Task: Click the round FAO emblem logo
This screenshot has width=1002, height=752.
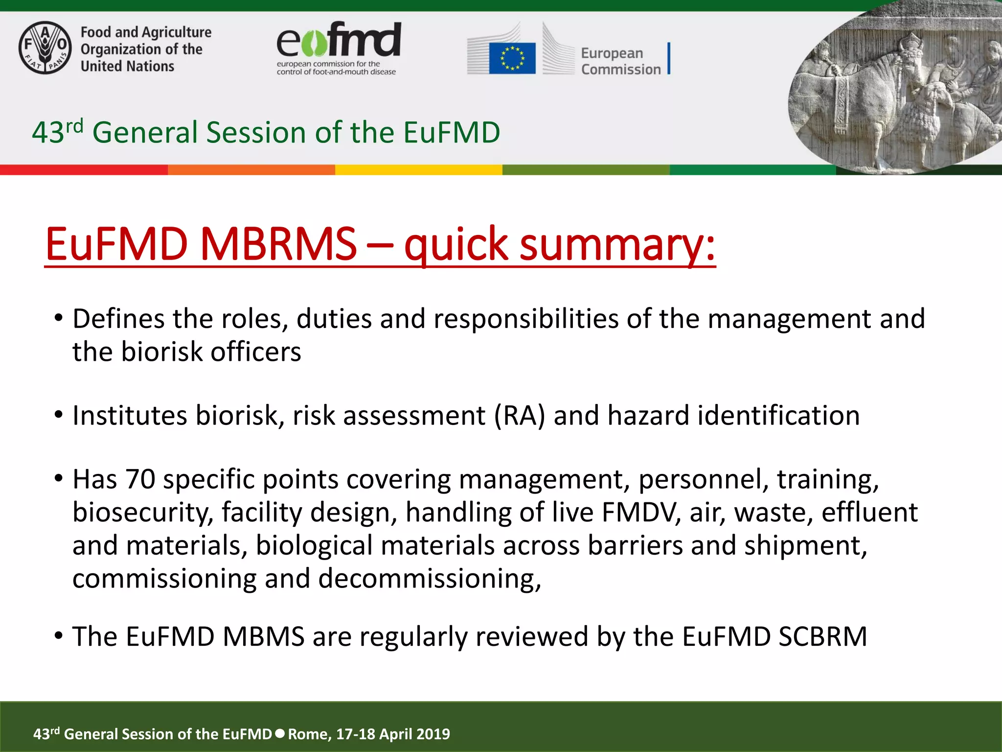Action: click(45, 48)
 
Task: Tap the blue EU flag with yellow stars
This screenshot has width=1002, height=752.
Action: click(512, 58)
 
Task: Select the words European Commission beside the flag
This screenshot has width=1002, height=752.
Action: click(620, 61)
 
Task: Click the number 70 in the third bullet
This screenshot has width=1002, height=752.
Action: click(140, 479)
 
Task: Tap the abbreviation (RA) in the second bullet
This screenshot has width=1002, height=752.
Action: click(519, 416)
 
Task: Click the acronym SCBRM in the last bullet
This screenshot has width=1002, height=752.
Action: click(823, 637)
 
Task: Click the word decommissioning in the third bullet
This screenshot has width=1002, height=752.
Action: click(430, 579)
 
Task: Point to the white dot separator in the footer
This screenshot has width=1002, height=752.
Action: click(280, 733)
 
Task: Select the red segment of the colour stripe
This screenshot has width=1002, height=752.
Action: click(83, 170)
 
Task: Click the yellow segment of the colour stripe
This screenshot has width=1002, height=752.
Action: click(418, 170)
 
